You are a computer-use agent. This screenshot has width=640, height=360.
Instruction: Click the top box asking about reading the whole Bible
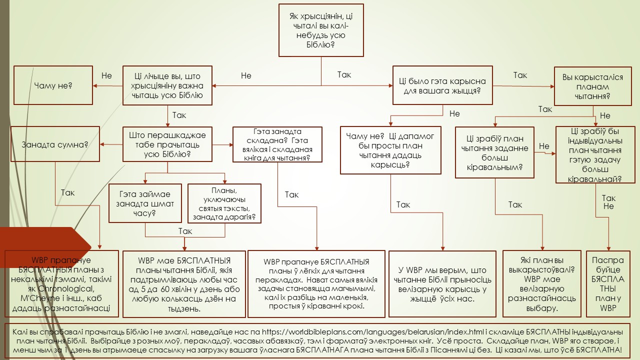321,30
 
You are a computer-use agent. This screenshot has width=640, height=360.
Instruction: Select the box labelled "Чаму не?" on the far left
53,85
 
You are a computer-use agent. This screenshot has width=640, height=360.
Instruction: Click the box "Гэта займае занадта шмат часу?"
145,203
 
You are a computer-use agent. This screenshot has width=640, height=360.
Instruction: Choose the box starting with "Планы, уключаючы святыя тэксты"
224,203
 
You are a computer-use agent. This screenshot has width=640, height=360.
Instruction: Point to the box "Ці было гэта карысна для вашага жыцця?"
442,86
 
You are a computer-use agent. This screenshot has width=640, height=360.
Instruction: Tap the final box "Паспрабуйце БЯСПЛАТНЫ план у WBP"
607,284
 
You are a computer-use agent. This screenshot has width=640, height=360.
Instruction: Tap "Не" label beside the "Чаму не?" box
106,76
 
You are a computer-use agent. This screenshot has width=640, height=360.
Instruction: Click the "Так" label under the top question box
344,75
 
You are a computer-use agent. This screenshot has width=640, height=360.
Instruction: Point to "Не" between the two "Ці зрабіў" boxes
544,146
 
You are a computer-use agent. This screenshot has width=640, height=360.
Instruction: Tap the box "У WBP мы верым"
442,284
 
